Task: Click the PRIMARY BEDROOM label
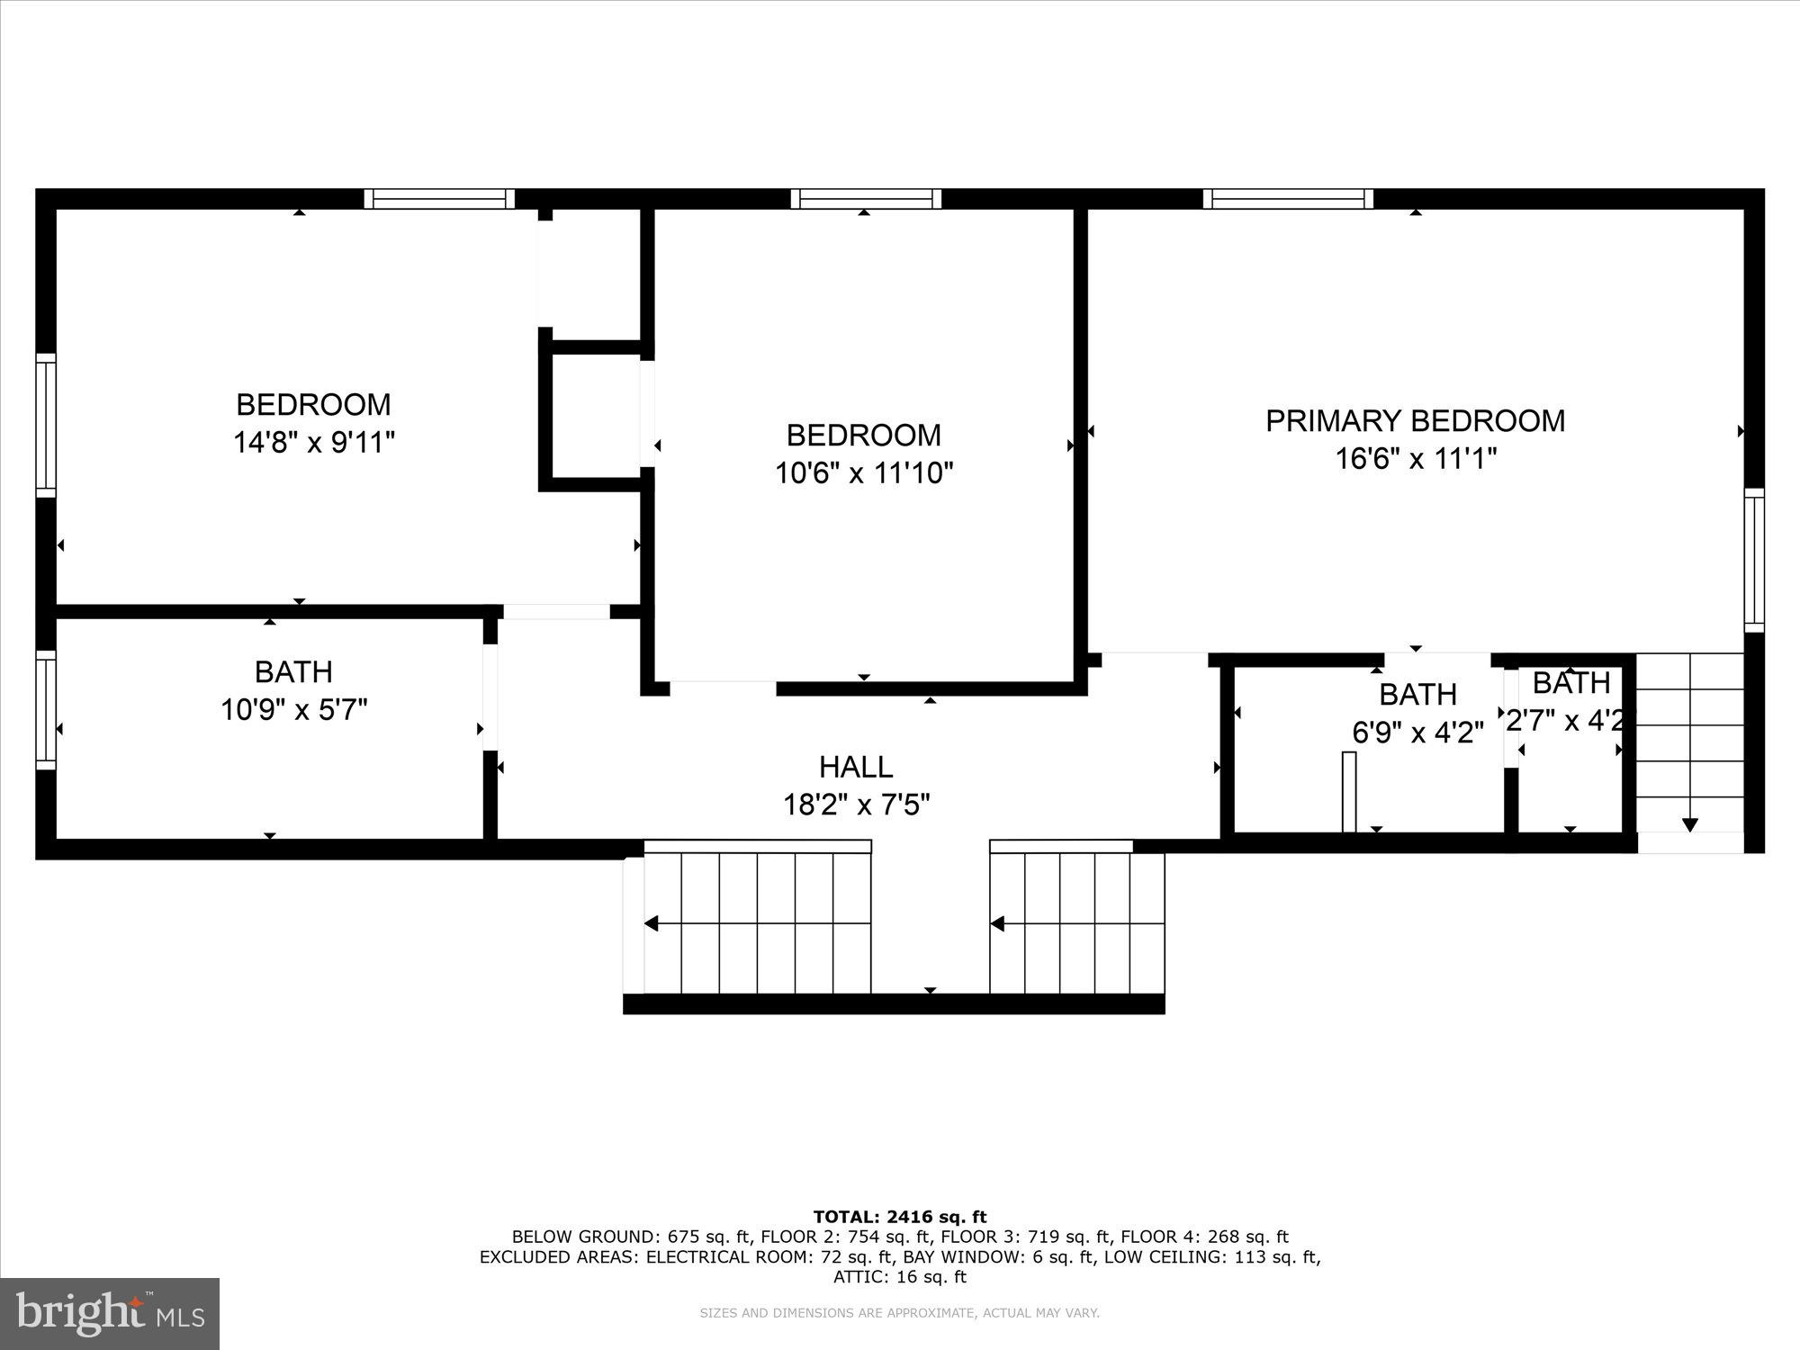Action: (1415, 421)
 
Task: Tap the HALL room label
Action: (856, 767)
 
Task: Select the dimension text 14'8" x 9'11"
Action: (314, 443)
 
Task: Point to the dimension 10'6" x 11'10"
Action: (864, 472)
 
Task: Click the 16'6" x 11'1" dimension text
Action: (1415, 459)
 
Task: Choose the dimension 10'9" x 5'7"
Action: (294, 710)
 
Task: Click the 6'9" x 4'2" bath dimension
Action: (1417, 733)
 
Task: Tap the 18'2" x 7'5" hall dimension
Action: (856, 804)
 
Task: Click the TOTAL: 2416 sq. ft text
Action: (899, 1218)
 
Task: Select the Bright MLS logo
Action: (110, 1313)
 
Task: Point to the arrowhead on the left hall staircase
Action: (652, 923)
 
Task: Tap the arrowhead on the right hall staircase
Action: (997, 923)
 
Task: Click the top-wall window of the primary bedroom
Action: (1288, 199)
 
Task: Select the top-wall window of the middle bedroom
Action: (866, 199)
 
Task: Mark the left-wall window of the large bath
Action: (46, 710)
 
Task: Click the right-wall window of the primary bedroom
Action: (1754, 560)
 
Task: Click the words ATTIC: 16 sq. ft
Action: (899, 1277)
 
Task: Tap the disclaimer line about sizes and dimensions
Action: (899, 1313)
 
